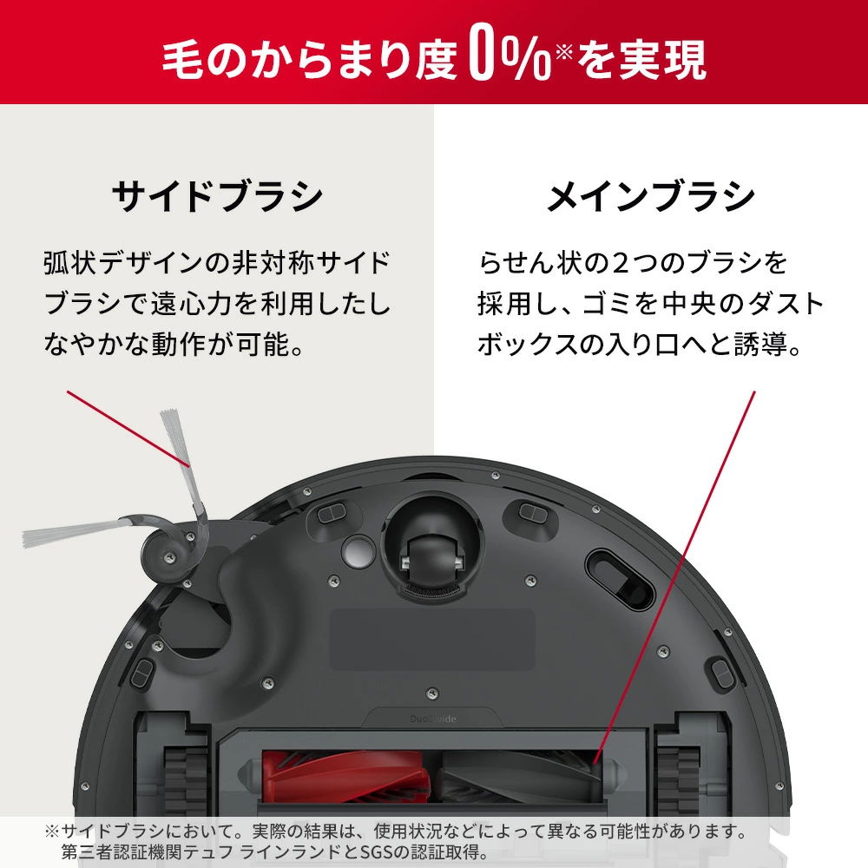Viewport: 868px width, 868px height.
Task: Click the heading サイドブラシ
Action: click(x=216, y=197)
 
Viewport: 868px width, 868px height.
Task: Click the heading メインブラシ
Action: click(x=650, y=197)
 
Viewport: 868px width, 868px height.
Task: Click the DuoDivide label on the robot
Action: click(x=434, y=720)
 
